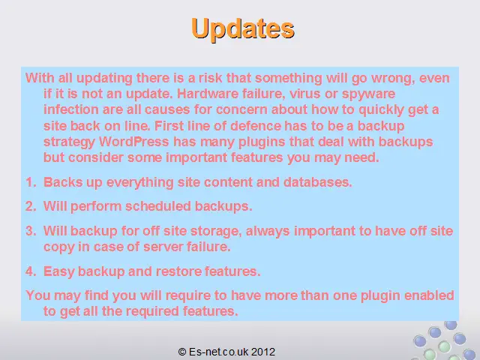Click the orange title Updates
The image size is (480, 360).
coord(243,28)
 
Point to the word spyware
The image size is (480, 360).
coord(368,94)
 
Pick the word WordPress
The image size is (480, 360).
coord(133,142)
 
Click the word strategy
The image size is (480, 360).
coord(69,142)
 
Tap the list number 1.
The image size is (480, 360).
coord(31,182)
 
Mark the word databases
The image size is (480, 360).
coord(318,182)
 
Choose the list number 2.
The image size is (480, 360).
coord(31,206)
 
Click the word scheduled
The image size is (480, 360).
coord(158,206)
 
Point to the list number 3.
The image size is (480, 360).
coord(31,231)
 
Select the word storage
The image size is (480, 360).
coord(216,232)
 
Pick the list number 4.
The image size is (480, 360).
coord(31,271)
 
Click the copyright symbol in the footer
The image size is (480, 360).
coord(181,352)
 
